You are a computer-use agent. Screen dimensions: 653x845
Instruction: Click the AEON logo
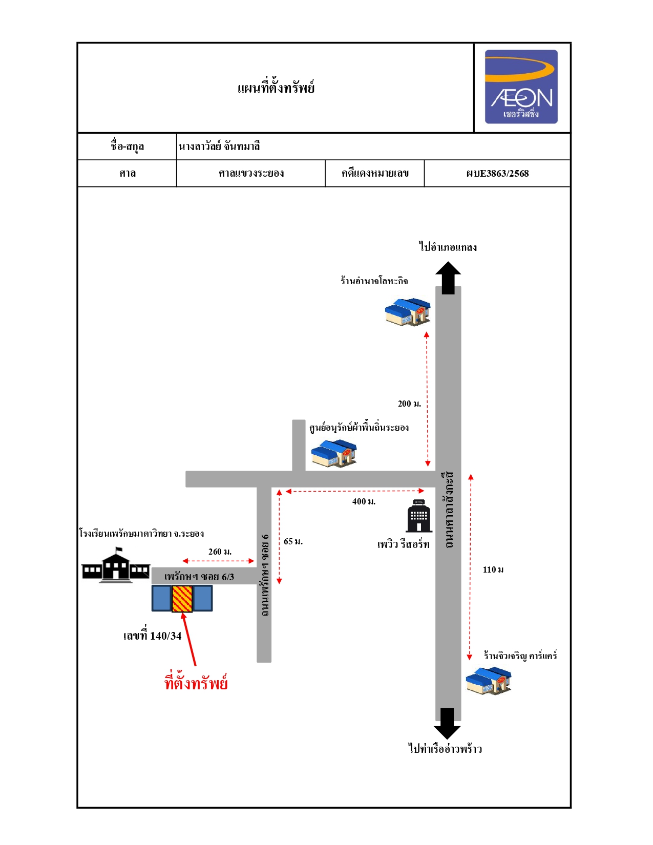point(521,87)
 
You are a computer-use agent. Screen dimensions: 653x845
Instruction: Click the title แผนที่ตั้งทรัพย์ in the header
point(276,88)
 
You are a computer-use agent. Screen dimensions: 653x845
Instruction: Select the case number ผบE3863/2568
point(497,174)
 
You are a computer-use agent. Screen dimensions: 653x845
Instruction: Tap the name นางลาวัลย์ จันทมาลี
point(219,146)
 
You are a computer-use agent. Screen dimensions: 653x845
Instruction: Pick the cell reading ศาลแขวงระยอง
point(251,173)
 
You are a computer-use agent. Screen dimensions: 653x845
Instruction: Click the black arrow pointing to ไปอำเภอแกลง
point(448,278)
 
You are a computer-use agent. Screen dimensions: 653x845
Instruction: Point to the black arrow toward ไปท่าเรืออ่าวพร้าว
point(447,723)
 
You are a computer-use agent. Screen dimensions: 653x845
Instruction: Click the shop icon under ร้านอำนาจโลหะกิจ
point(408,311)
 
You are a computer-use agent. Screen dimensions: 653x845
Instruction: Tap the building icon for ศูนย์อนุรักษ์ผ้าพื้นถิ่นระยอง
point(334,453)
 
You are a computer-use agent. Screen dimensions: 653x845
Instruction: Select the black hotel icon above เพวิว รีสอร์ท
point(419,516)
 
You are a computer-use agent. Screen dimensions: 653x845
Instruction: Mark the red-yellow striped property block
point(182,599)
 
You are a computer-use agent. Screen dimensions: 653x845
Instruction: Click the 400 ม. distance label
point(364,502)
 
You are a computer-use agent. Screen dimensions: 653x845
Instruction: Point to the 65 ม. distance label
point(293,541)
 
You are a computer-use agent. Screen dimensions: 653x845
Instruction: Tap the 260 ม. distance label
point(220,552)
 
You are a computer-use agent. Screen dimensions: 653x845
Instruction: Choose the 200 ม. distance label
point(409,404)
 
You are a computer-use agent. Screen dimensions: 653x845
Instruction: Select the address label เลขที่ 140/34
point(153,636)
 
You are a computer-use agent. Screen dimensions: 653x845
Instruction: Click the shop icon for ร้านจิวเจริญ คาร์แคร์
point(489,681)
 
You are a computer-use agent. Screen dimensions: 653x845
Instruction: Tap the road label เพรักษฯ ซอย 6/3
point(199,577)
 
